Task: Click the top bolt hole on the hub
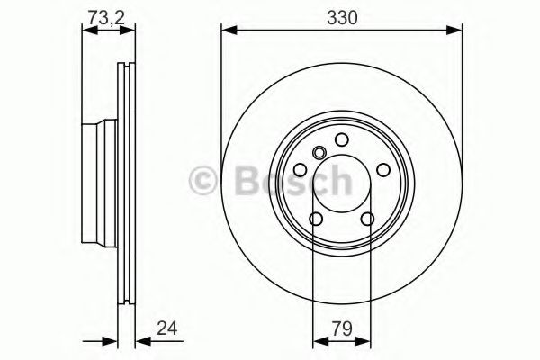(341, 139)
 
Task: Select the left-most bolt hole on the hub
(300, 169)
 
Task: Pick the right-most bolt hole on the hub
(382, 169)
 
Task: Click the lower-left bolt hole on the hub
(316, 219)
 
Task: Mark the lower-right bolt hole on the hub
(367, 219)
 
